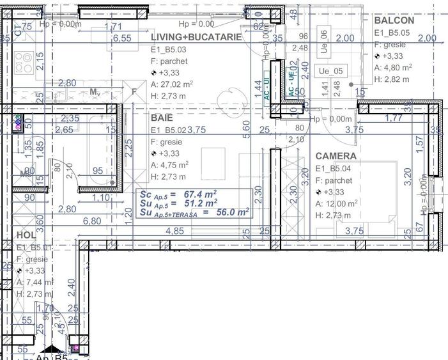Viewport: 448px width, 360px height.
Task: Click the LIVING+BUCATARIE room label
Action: click(196, 37)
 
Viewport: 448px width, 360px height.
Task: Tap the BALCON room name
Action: click(394, 20)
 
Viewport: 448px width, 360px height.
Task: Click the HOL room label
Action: click(26, 235)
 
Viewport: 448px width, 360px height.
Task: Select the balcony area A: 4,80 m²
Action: click(392, 67)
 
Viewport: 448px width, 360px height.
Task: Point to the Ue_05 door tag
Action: click(331, 72)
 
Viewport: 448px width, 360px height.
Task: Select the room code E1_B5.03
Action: click(169, 49)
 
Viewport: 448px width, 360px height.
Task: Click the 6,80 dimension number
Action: click(93, 221)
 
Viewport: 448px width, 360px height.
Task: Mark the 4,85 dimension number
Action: click(174, 231)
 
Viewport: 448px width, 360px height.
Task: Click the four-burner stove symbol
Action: click(24, 62)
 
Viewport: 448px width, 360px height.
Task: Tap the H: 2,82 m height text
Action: click(391, 79)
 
